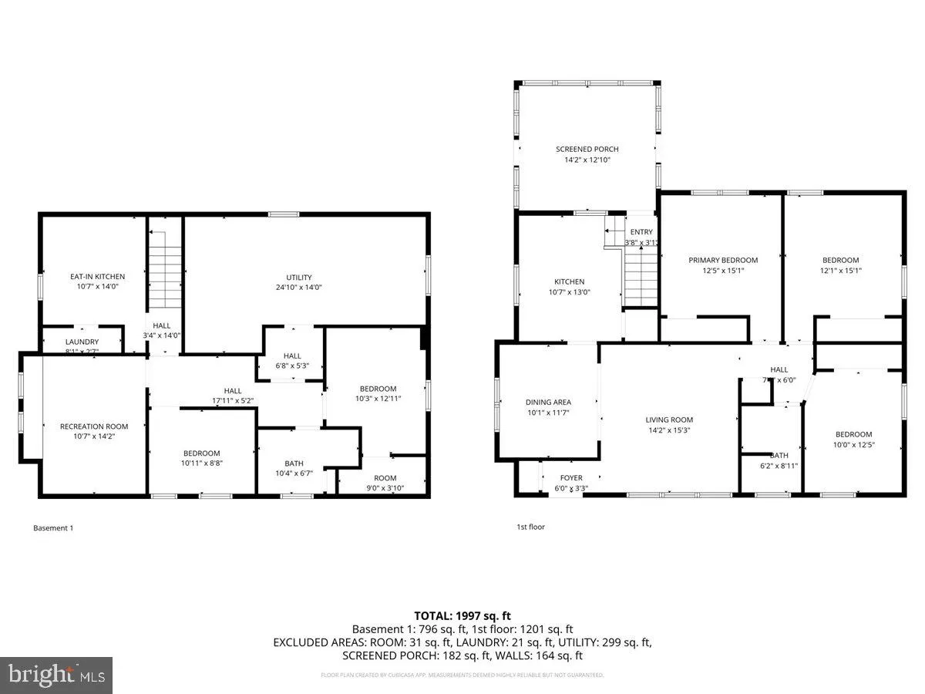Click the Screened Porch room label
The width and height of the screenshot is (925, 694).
click(587, 150)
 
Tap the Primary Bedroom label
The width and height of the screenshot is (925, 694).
click(723, 261)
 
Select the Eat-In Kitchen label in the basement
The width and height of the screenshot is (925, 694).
click(97, 276)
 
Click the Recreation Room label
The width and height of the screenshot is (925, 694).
click(94, 426)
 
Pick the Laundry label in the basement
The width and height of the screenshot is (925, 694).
click(82, 342)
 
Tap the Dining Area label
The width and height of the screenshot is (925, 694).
click(548, 402)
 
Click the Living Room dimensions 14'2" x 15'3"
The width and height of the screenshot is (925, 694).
click(669, 430)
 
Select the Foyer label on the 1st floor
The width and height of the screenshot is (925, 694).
click(571, 478)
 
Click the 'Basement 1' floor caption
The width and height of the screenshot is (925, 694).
click(53, 528)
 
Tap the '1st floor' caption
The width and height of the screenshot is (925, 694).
click(531, 527)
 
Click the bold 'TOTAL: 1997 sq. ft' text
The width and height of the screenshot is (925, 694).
click(462, 615)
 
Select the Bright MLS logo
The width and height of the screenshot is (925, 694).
click(56, 675)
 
